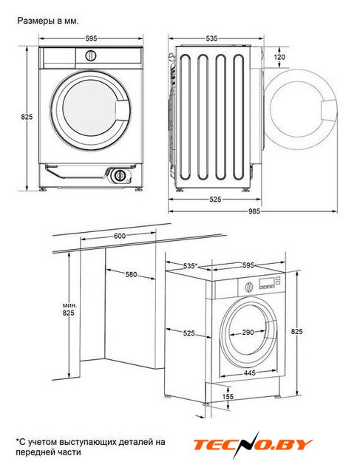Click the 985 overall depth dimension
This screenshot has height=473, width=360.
[254, 211]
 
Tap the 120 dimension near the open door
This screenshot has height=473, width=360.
[279, 57]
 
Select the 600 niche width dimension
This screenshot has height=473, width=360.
[120, 236]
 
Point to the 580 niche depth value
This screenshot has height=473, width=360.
[131, 274]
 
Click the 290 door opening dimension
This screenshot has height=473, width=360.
[248, 332]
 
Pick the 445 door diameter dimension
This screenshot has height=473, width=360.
[250, 372]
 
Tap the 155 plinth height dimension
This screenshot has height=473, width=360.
[228, 396]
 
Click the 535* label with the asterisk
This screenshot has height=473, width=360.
[190, 266]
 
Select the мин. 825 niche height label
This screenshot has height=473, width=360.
[69, 309]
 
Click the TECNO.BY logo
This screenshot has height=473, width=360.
[253, 445]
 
